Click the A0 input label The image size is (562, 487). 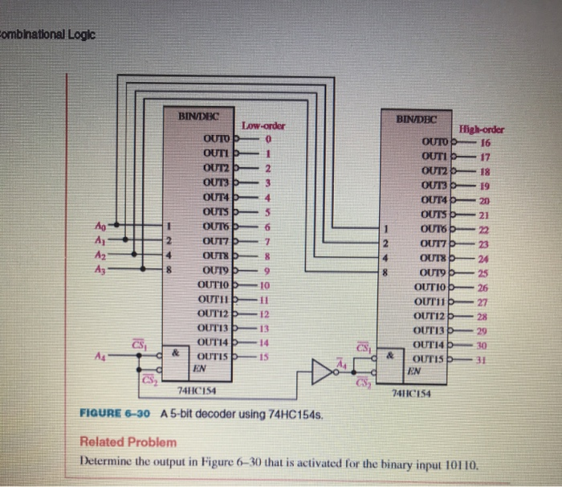100,226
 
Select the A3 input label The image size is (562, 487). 100,270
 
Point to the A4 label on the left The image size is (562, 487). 100,355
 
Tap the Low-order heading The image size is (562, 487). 263,126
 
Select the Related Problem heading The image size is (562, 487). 128,442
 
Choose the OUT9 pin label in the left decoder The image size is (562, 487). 214,269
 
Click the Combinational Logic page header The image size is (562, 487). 48,34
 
